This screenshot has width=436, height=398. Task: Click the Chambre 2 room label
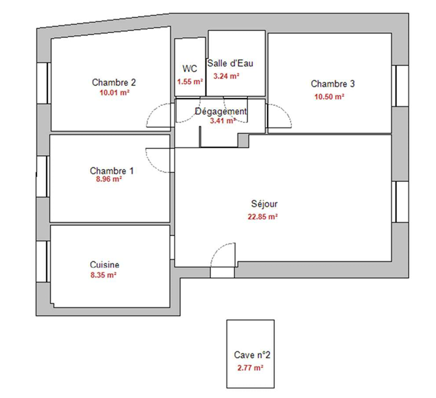114,82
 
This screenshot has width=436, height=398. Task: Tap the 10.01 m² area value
115,93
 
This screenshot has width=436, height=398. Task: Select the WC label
190,69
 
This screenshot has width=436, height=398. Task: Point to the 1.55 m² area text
190,82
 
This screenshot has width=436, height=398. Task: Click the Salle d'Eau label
230,63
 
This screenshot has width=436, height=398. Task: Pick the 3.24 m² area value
227,76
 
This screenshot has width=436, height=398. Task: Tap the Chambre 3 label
333,84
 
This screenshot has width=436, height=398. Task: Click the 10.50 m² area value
329,97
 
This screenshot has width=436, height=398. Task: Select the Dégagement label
221,111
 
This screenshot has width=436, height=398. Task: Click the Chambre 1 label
112,171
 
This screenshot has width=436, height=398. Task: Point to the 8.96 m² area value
109,179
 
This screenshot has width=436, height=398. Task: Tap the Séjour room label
264,204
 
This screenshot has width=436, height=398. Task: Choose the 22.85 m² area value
263,217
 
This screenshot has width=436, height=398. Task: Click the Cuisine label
104,265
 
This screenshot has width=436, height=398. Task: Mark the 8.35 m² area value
104,275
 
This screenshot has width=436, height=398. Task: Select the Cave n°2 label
252,355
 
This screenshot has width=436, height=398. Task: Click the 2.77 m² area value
250,368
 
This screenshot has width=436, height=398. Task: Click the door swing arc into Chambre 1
152,165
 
